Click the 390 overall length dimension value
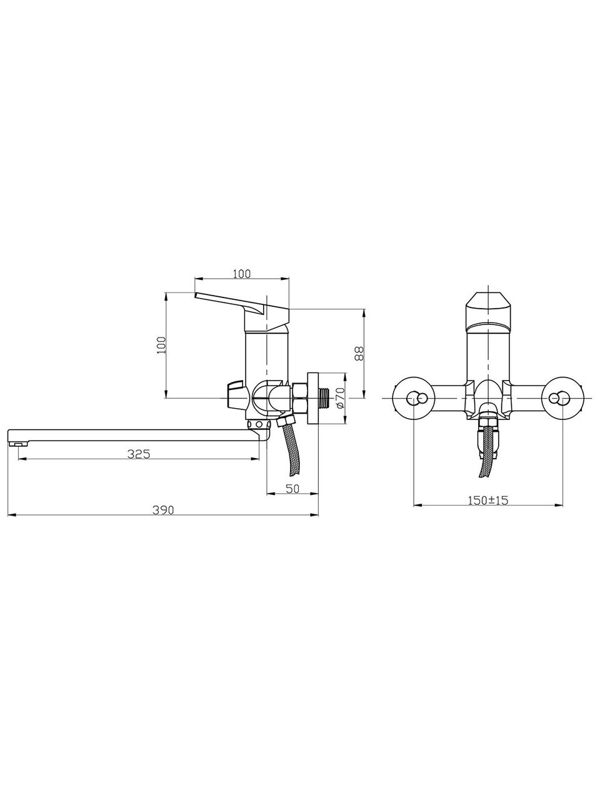click(163, 510)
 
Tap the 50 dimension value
click(292, 488)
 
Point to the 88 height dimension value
click(359, 353)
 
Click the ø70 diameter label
click(339, 398)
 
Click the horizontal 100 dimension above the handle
click(241, 274)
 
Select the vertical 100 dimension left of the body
click(161, 345)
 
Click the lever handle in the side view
click(242, 311)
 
